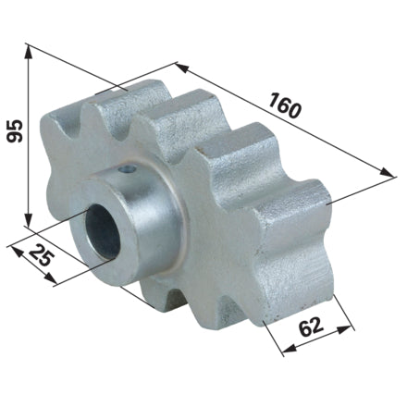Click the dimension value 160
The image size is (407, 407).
click(x=284, y=105)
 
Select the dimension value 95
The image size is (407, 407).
click(x=15, y=130)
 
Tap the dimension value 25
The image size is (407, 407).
click(x=42, y=254)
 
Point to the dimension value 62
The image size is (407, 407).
click(x=311, y=327)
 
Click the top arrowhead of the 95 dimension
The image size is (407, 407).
click(x=28, y=52)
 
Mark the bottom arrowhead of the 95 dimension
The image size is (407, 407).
click(x=28, y=220)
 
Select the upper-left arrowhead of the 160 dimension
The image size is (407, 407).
click(x=182, y=68)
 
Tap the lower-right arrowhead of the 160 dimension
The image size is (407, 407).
click(x=387, y=172)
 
